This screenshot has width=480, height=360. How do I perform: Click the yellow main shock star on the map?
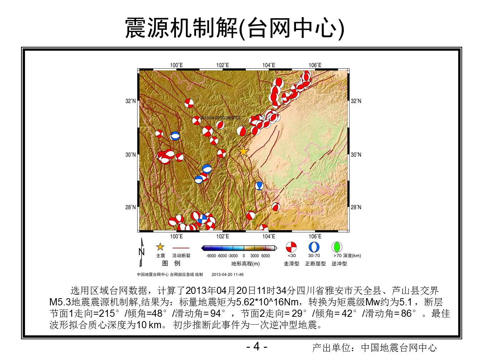[243, 151]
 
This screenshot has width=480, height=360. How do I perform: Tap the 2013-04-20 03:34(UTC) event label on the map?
[220, 117]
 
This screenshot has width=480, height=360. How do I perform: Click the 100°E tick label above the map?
[176, 65]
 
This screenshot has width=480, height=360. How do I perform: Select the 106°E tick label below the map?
[315, 236]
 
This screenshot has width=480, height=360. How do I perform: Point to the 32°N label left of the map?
[130, 101]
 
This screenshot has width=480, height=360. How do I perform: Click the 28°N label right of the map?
[356, 207]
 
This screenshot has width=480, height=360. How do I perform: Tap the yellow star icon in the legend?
[160, 247]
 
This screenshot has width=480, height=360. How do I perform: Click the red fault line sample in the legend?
[181, 248]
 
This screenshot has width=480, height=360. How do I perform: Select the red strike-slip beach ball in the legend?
[291, 247]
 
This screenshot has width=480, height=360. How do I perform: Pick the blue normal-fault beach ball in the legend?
[314, 247]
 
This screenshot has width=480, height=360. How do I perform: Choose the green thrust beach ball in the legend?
[337, 247]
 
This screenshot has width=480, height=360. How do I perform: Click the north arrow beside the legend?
[141, 252]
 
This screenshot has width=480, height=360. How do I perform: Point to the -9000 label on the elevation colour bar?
[211, 256]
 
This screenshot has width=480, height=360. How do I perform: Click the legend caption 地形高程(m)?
[245, 264]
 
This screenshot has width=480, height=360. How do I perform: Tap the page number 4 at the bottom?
[256, 346]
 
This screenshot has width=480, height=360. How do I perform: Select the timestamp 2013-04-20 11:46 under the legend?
[227, 275]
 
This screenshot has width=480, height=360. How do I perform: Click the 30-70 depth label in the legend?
[314, 255]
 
